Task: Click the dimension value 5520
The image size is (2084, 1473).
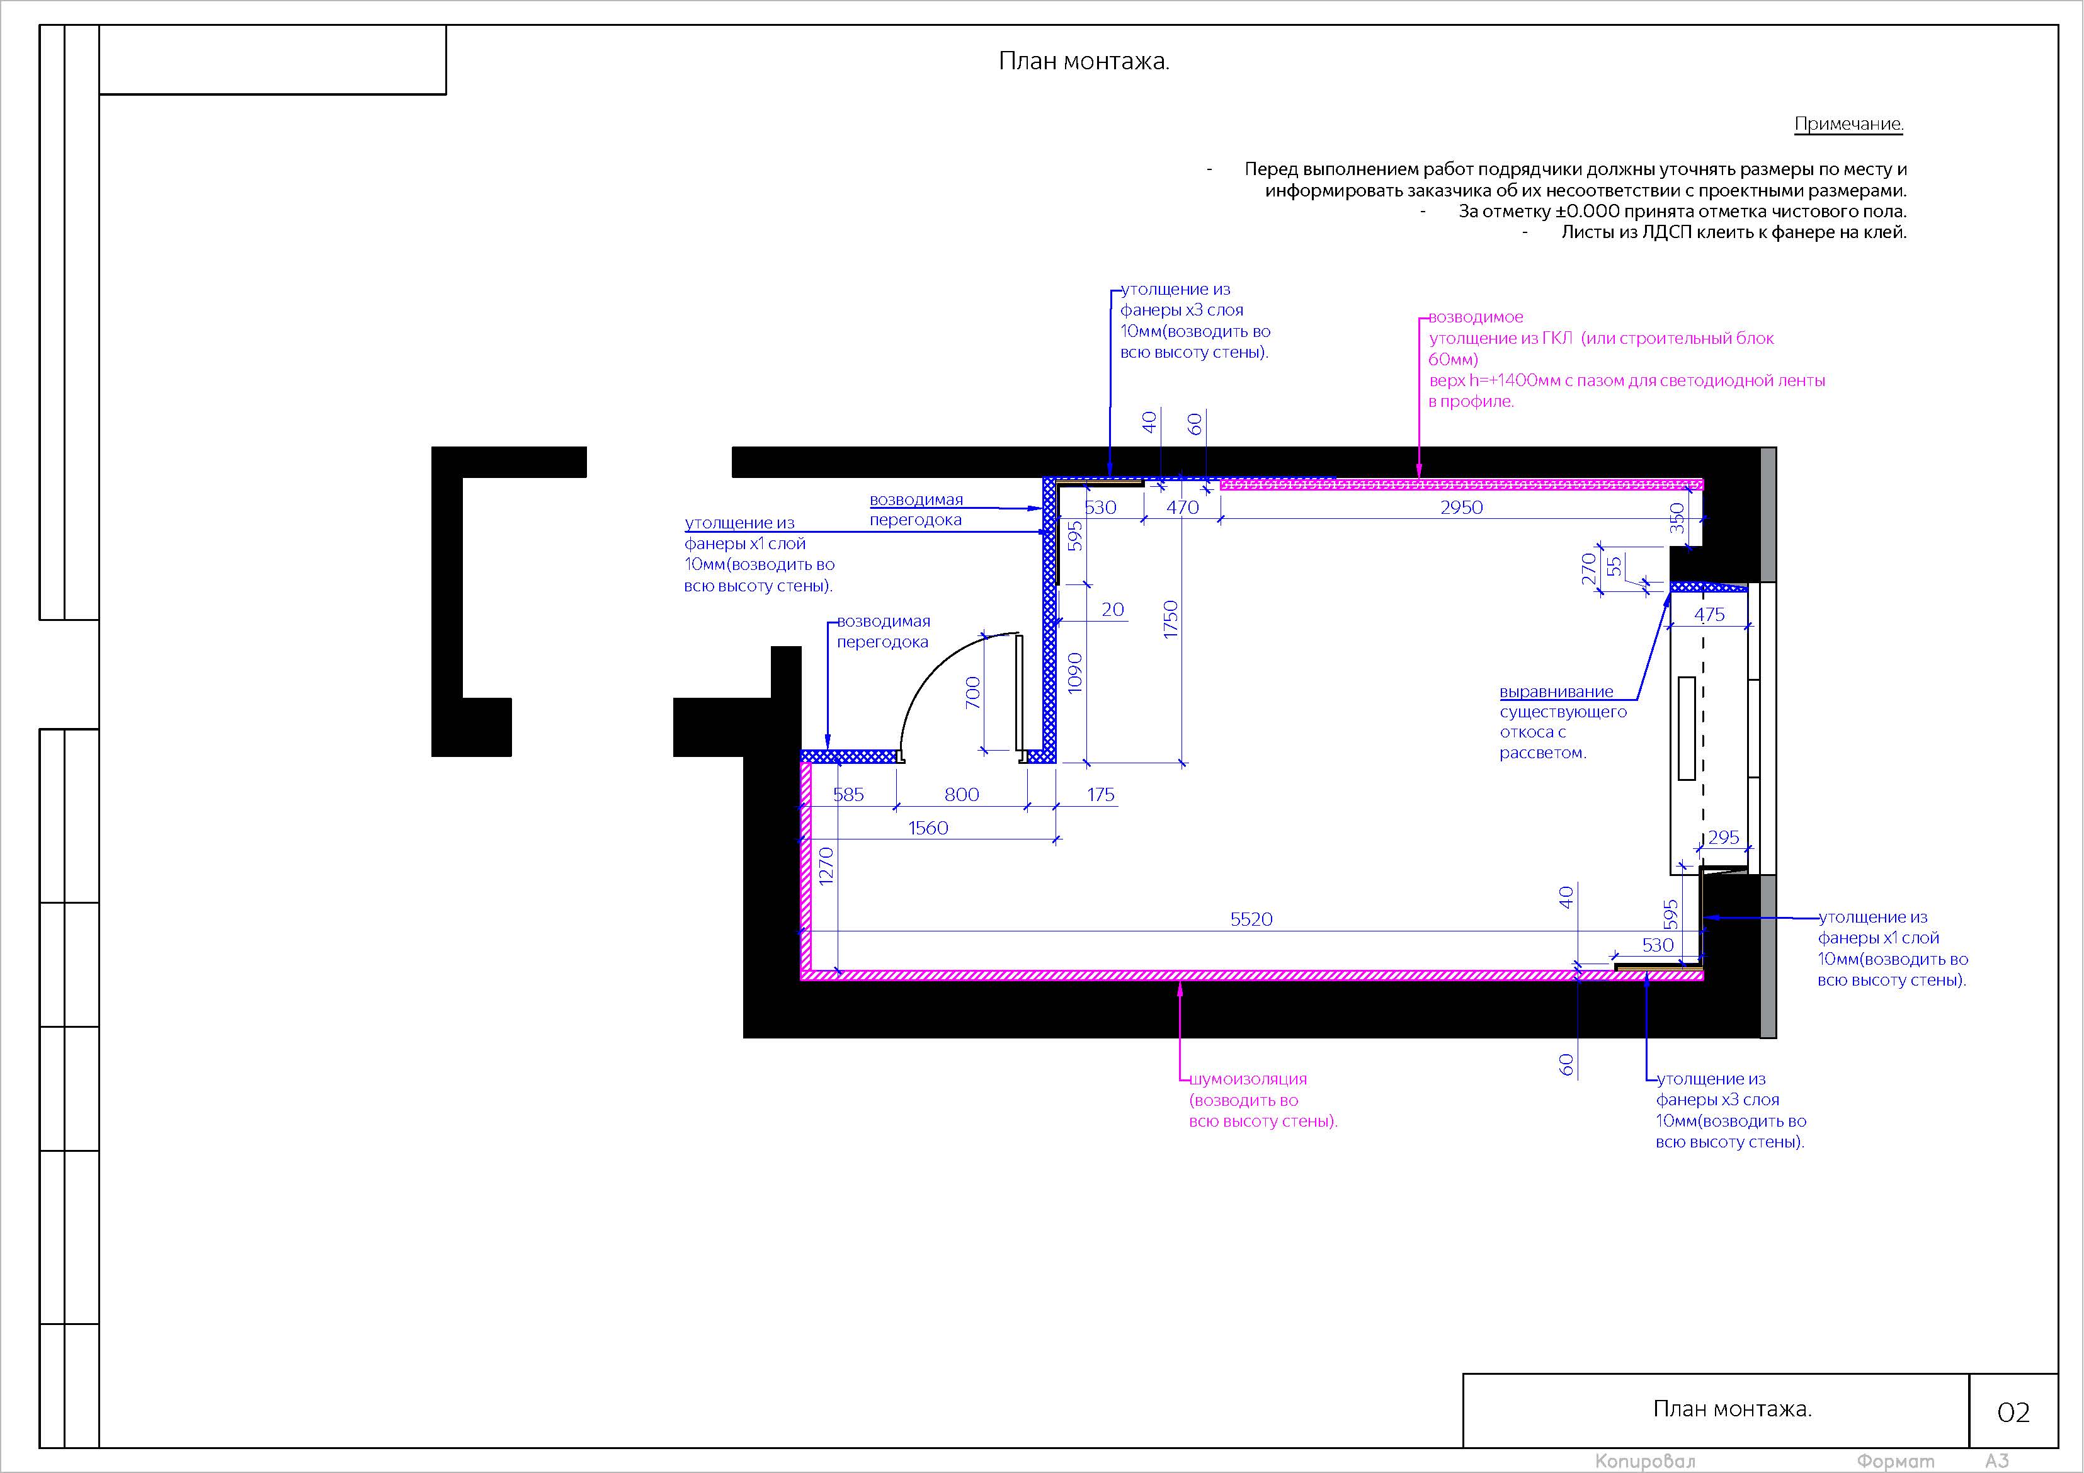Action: point(1251,919)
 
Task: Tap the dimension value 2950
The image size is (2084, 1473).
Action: point(1461,508)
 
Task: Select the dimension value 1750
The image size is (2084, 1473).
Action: point(1170,619)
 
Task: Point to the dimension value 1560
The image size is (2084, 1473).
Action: point(928,827)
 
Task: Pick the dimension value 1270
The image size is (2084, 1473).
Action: point(826,866)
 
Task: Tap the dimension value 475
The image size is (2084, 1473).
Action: point(1709,615)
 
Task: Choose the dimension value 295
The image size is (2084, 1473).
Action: point(1724,838)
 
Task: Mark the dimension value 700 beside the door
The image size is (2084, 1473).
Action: point(973,693)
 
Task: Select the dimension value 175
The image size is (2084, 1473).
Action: point(1100,795)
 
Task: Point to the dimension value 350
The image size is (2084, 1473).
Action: point(1677,518)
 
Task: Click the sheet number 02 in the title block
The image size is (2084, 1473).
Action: point(2013,1412)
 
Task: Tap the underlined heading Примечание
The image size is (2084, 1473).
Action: point(1849,124)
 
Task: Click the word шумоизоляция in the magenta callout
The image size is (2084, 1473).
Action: point(1248,1079)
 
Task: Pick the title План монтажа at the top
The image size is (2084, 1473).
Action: point(1084,61)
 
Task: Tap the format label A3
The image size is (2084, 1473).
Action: point(1997,1460)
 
